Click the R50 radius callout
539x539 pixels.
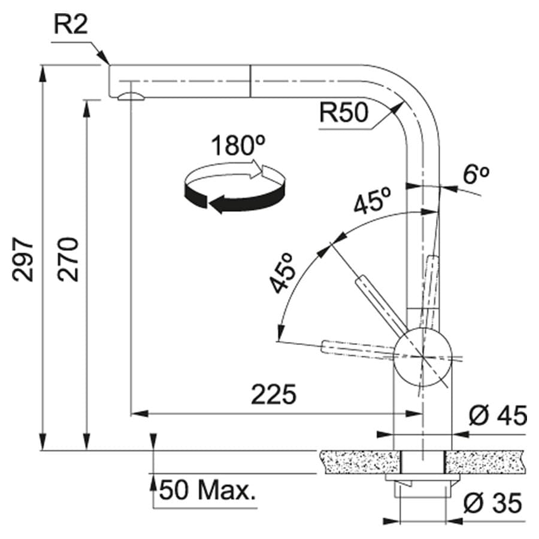click(343, 113)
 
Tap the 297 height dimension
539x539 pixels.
click(23, 259)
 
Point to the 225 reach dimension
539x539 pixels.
click(274, 395)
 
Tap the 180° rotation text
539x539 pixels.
click(238, 146)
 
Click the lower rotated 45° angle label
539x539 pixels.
click(283, 273)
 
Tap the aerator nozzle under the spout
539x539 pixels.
click(130, 96)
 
